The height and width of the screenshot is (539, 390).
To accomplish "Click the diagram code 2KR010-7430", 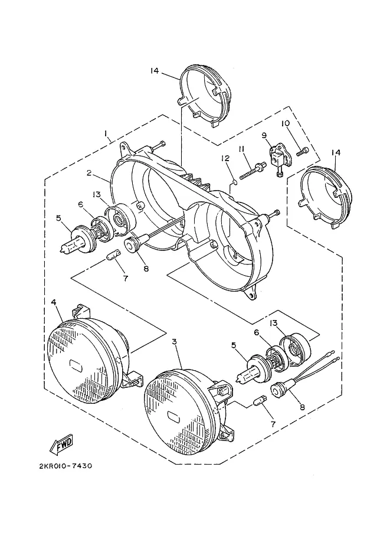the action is pyautogui.click(x=65, y=466).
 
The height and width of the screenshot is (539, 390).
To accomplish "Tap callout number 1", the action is pyautogui.click(x=106, y=133).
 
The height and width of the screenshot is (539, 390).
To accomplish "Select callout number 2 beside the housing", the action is pyautogui.click(x=89, y=173).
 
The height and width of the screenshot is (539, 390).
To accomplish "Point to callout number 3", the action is pyautogui.click(x=175, y=342).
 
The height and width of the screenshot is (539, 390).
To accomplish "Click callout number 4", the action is pyautogui.click(x=53, y=302).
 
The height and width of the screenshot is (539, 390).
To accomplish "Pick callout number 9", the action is pyautogui.click(x=264, y=135).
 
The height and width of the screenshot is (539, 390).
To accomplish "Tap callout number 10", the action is pyautogui.click(x=286, y=123).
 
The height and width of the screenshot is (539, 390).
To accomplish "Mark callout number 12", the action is pyautogui.click(x=225, y=158).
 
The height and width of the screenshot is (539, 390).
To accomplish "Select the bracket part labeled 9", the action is pyautogui.click(x=278, y=159).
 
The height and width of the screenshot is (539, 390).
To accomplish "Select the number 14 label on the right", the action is pyautogui.click(x=336, y=152).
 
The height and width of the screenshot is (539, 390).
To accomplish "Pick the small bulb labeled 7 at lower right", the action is pyautogui.click(x=258, y=401).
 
